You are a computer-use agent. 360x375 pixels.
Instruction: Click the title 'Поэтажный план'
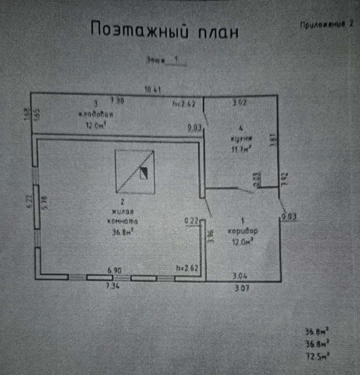[164, 30]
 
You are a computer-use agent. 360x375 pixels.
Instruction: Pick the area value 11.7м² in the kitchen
[240, 148]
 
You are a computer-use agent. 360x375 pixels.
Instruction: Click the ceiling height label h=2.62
[188, 268]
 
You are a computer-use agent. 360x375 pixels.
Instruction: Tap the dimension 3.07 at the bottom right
[241, 288]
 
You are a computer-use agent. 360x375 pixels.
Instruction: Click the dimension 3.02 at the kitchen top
[241, 103]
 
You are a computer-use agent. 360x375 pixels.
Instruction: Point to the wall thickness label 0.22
[191, 219]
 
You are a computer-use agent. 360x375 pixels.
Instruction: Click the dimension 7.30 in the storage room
[116, 100]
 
